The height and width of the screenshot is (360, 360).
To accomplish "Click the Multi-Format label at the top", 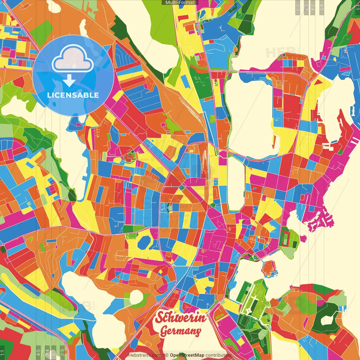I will click(180, 3).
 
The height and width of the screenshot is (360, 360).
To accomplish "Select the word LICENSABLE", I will click(73, 95).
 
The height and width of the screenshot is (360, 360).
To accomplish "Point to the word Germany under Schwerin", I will click(181, 331).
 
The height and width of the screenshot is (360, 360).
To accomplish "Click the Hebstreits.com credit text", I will click(145, 355).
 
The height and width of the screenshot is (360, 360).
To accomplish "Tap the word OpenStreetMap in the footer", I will click(187, 355).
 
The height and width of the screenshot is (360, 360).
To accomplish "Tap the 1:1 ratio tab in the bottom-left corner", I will click(2, 353).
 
